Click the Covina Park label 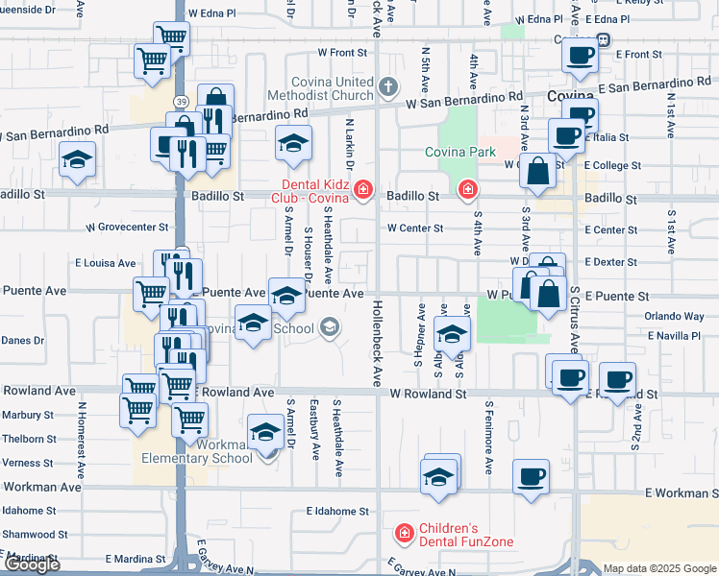pos(462,152)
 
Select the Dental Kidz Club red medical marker pos(362,189)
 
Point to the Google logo pos(31,564)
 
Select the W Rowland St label pos(428,394)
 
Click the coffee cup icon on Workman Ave pos(531,476)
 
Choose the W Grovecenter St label pos(127,228)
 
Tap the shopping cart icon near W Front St pos(152,60)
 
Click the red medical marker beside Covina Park pos(468,189)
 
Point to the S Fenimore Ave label pos(489,438)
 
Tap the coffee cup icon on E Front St pos(581,57)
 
